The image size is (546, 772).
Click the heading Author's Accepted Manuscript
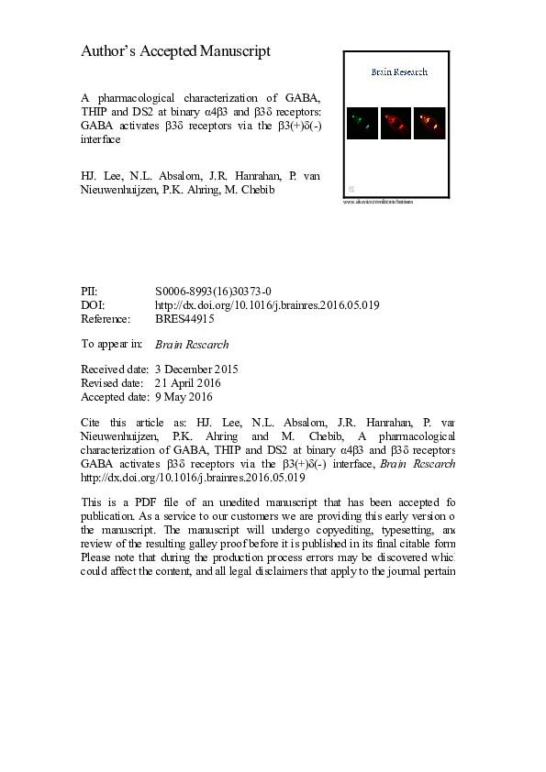(x=175, y=51)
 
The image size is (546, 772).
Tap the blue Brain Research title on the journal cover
(x=398, y=72)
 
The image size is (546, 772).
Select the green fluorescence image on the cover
(x=362, y=122)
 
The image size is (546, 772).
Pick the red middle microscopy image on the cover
(x=396, y=122)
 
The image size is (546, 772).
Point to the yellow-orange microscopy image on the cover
(x=429, y=122)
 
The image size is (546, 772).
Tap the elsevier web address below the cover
(x=378, y=202)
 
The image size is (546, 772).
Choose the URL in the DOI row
(x=267, y=304)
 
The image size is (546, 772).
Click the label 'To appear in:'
(x=112, y=345)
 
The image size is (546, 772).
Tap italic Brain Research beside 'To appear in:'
(x=192, y=345)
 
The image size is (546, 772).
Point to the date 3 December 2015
(x=196, y=369)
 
